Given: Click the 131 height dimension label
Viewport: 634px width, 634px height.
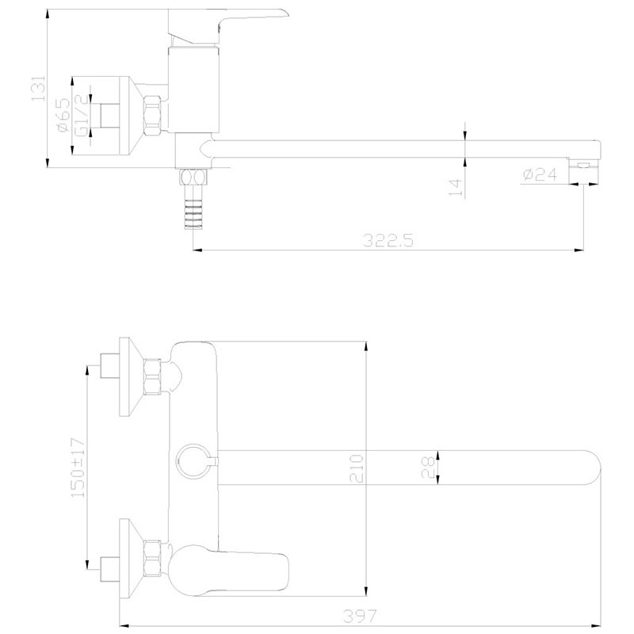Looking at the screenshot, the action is point(38,88).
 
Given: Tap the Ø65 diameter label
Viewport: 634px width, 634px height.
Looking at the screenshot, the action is point(64,115).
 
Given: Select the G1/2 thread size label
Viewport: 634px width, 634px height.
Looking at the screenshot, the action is point(82,116).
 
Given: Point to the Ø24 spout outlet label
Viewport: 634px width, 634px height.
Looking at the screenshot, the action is point(540,174).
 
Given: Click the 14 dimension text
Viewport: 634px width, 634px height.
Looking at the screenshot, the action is point(456,188).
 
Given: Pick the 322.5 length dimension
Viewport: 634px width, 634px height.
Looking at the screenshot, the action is point(388,241).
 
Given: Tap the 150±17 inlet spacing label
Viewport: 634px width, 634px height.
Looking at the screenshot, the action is point(78,468).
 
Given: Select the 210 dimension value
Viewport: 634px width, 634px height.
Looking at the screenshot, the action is point(357,468).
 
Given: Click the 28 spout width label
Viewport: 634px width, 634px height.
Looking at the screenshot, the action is point(428,468).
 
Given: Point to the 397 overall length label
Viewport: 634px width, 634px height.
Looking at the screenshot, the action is point(360,617).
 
